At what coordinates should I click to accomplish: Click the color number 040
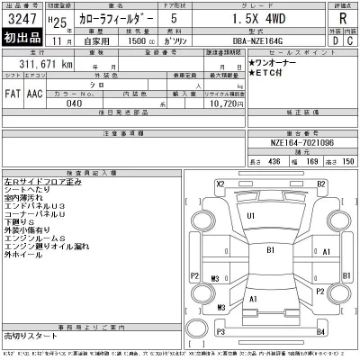[73, 103]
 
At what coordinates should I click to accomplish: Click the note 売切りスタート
[28, 334]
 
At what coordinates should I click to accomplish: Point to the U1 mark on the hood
[251, 217]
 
